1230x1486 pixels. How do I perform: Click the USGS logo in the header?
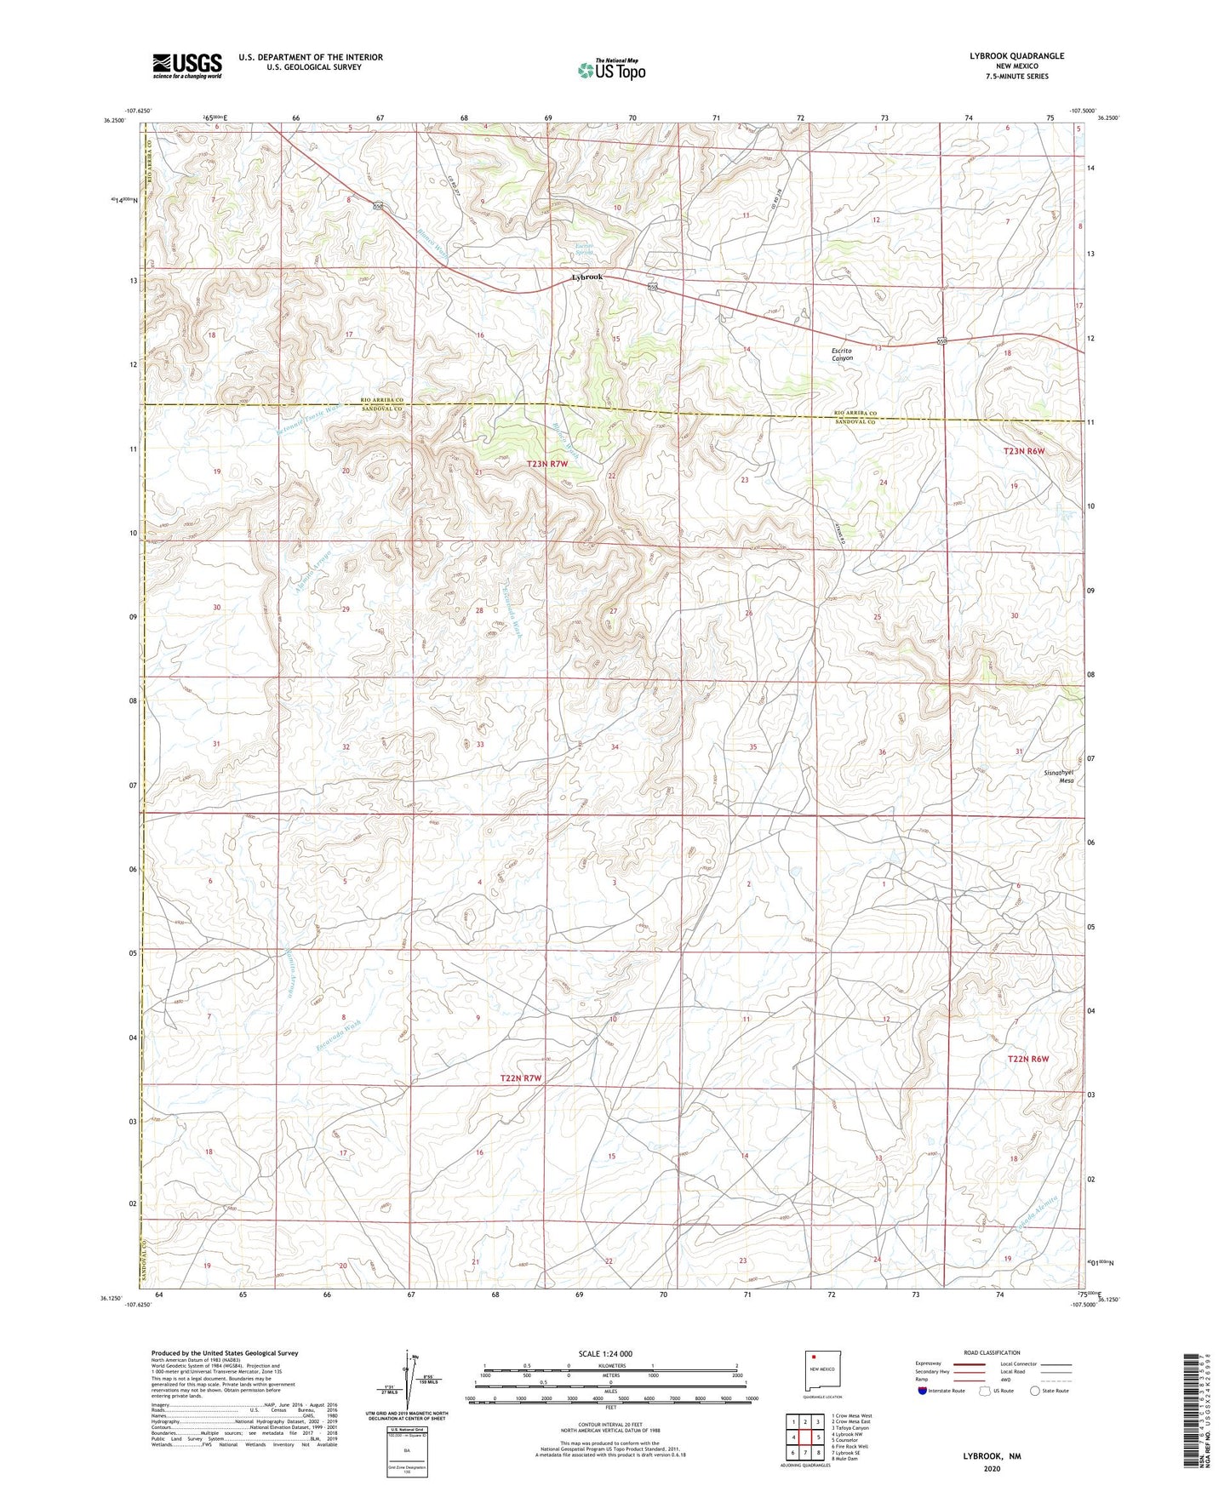[x=187, y=66]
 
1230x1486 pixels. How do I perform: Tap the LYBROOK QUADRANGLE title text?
[x=1015, y=56]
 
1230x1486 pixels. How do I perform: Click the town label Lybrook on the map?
[x=586, y=277]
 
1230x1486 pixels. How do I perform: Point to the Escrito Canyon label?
[x=842, y=354]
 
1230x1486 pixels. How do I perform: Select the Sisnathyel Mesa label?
[x=1058, y=775]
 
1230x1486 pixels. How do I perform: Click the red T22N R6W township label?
[x=1027, y=1059]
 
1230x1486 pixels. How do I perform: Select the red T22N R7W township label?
[x=521, y=1077]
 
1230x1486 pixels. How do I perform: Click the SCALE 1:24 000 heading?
[x=605, y=1353]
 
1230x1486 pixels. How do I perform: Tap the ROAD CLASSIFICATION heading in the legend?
[x=992, y=1352]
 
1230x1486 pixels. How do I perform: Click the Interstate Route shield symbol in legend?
[x=923, y=1391]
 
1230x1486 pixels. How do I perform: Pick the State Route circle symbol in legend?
[x=1034, y=1391]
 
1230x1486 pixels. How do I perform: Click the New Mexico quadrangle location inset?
[x=822, y=1369]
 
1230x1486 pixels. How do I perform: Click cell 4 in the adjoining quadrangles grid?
[x=793, y=1437]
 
